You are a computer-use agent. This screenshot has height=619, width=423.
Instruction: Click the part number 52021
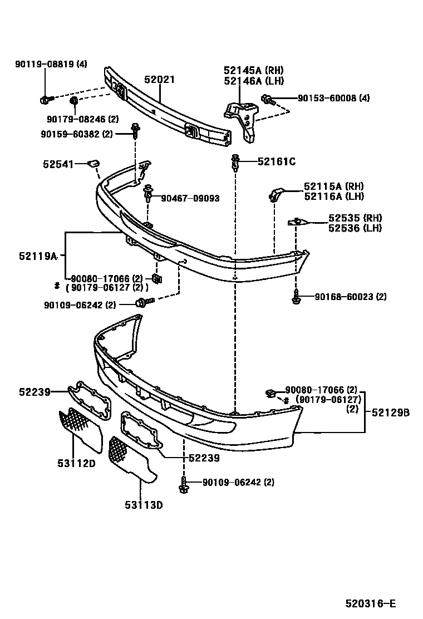pos(159,80)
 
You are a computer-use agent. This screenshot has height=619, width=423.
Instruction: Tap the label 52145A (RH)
pos(253,70)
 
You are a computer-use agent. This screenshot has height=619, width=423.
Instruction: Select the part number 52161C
pos(276,162)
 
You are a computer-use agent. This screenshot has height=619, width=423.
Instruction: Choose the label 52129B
pos(390,412)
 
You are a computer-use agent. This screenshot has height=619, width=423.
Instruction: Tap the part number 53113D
pos(143,505)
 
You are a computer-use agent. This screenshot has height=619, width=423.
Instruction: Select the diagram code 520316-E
pos(370,603)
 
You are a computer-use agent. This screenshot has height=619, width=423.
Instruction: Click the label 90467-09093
pos(190,198)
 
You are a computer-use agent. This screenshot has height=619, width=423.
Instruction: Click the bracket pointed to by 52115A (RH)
pos(277,193)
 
